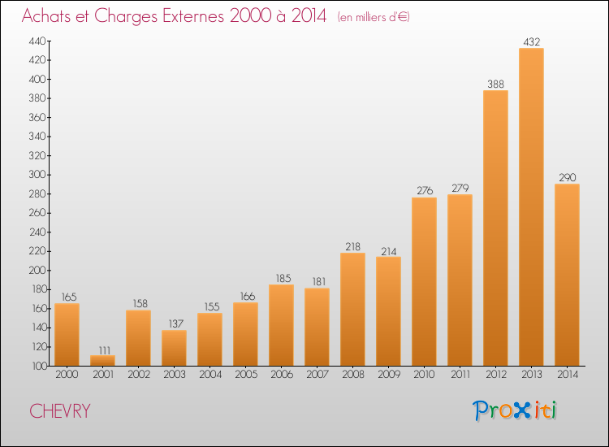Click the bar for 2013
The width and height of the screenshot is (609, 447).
(531, 206)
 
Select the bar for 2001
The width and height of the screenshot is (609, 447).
(102, 360)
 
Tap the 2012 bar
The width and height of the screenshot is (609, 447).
(495, 228)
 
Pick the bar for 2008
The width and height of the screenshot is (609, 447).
(352, 310)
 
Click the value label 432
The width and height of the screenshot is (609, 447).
(531, 41)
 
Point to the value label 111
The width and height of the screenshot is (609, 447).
(104, 350)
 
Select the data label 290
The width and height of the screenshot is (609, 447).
(567, 178)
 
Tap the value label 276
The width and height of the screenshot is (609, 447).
(425, 191)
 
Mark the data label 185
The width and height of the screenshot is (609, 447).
(283, 278)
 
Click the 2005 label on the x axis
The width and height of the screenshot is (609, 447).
(246, 375)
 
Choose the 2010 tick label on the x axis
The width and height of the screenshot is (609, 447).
(424, 375)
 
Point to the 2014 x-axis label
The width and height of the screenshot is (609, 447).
(568, 375)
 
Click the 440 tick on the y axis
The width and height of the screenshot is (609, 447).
(37, 41)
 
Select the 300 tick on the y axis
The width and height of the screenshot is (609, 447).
(37, 175)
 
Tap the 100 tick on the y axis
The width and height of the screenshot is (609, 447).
(38, 366)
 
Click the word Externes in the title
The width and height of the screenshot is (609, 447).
(193, 16)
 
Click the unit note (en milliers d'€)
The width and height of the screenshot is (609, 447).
(374, 17)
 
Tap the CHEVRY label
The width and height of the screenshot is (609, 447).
(60, 411)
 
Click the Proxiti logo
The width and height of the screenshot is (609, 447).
(515, 410)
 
